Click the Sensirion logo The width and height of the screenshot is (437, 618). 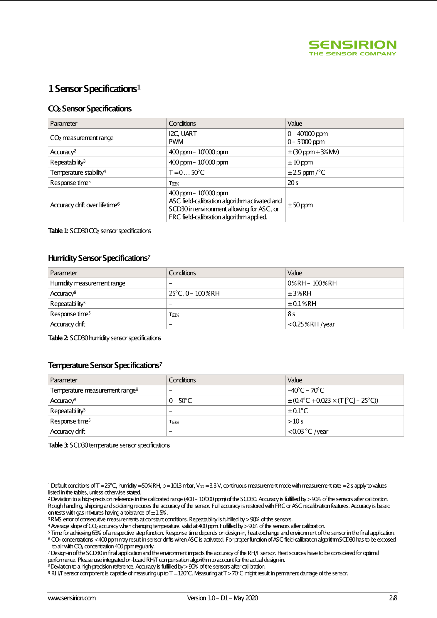[352, 48]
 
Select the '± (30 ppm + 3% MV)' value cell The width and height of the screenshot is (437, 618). [313, 152]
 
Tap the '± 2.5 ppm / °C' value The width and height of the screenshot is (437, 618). [306, 173]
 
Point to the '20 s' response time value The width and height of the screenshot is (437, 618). [293, 183]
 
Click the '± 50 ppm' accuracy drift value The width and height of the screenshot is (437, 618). [300, 205]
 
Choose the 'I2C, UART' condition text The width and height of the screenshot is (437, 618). [183, 134]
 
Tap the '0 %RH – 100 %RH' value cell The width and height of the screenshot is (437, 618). [312, 283]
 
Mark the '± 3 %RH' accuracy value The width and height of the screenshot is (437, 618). [299, 293]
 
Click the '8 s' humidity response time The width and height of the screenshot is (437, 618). [291, 314]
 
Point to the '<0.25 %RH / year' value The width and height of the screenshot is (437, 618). [311, 324]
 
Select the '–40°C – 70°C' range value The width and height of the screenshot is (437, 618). [306, 390]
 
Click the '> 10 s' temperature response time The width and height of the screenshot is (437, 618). [295, 421]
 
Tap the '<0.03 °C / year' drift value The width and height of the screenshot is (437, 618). [308, 431]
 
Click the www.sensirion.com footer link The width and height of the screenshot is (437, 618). [72, 598]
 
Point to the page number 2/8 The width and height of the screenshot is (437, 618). [393, 598]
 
